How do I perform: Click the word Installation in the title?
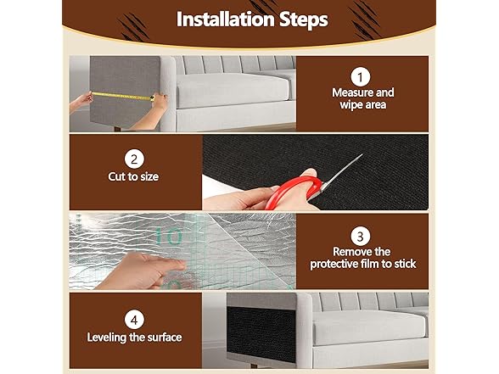(226, 20)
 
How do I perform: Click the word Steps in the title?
(304, 20)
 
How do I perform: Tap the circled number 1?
(360, 77)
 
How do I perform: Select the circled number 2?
(134, 159)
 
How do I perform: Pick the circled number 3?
(360, 237)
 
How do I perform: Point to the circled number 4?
(134, 320)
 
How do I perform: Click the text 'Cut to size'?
(133, 176)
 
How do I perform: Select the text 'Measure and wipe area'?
(363, 98)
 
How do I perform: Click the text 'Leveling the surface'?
(134, 338)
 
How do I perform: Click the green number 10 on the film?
(169, 236)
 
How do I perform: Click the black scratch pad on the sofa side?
(261, 334)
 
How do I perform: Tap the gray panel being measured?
(125, 92)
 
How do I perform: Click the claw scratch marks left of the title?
(133, 28)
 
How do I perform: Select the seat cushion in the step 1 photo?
(233, 91)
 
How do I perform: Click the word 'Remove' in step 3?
(352, 252)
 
